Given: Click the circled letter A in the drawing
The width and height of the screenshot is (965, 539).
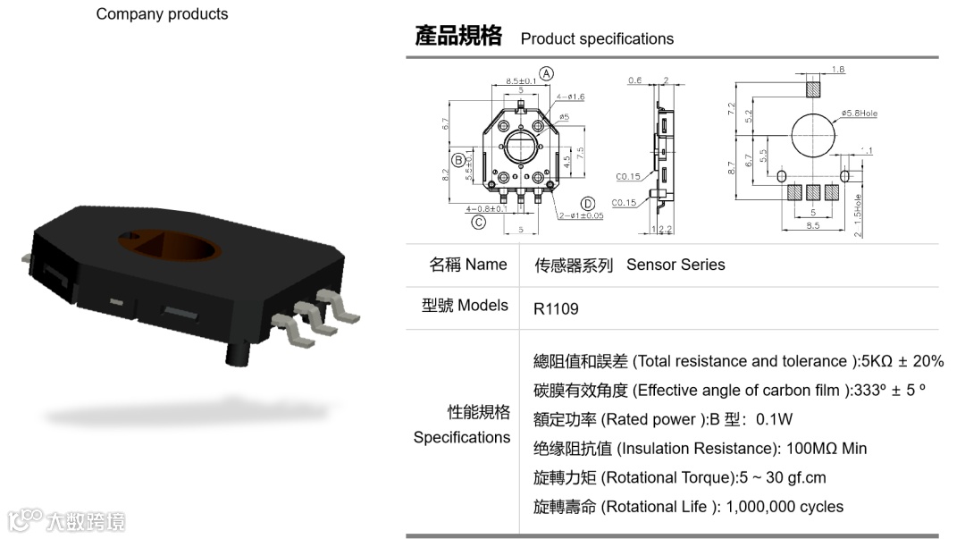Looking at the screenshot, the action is [547, 73].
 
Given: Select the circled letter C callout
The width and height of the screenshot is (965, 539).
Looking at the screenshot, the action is [479, 222].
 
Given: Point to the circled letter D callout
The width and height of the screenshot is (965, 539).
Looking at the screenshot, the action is [588, 203].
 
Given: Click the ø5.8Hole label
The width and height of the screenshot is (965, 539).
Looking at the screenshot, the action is [861, 114].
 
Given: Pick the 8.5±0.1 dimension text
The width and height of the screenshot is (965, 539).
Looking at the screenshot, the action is [521, 81].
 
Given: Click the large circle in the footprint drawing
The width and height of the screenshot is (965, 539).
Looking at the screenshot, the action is [810, 135].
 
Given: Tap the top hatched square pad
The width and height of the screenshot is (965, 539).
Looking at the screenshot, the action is [812, 89].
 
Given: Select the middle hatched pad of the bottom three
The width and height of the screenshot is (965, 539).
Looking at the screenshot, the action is [812, 190].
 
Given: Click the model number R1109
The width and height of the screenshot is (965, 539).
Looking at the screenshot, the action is [556, 309].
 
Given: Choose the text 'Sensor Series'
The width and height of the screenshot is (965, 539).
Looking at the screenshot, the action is [675, 265].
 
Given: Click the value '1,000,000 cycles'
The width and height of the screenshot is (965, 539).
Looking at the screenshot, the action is [785, 507].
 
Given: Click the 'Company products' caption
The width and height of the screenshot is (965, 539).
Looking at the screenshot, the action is [162, 14].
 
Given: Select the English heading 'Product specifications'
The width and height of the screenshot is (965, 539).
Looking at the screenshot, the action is [597, 39].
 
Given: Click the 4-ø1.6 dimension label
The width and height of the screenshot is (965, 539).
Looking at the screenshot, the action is [571, 96].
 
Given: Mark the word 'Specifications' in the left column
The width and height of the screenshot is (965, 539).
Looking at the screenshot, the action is [461, 437].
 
